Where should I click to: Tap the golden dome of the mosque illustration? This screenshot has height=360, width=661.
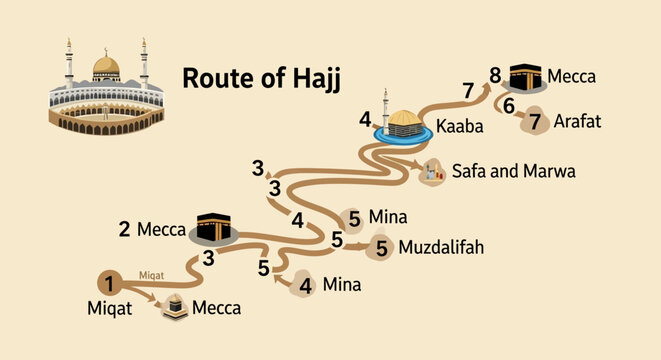click(106, 67)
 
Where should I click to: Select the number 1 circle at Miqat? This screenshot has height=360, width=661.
click(110, 281)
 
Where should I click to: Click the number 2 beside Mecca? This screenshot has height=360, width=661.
click(124, 228)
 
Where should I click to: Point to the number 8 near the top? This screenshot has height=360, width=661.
click(495, 75)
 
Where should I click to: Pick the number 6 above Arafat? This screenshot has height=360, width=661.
click(509, 105)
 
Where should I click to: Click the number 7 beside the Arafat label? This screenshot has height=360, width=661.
click(535, 121)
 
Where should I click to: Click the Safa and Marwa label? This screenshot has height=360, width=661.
click(513, 171)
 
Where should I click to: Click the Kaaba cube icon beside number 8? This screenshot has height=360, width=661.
click(523, 76)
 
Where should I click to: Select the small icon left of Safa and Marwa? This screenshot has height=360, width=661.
click(431, 172)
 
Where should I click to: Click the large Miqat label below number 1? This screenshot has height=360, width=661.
click(108, 309)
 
